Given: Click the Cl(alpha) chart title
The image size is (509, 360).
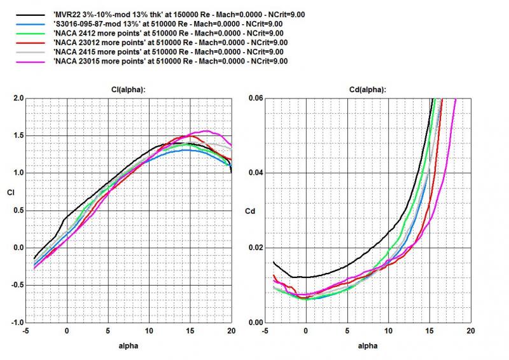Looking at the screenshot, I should click(x=129, y=90).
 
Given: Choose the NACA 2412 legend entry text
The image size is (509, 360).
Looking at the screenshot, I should click(x=169, y=32).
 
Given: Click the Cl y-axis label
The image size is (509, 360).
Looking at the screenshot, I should click(x=8, y=191).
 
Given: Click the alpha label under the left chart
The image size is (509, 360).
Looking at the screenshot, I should click(x=129, y=347).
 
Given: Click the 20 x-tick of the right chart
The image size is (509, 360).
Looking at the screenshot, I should click(x=470, y=332).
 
